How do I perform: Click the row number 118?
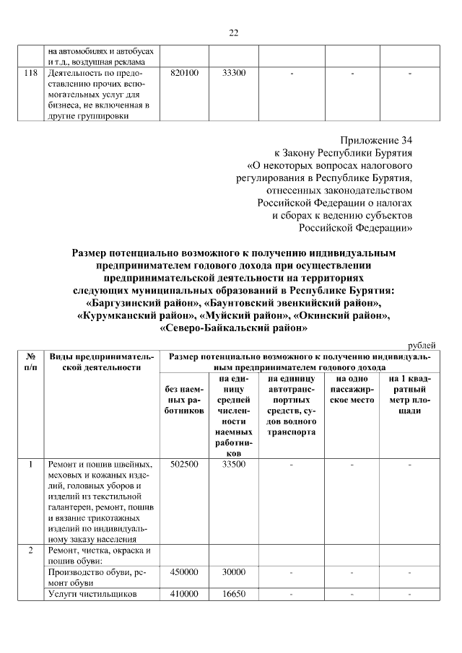coord(31,74)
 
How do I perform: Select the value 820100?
coord(184,74)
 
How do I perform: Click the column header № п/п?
coord(31,362)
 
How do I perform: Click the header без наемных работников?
coord(184,399)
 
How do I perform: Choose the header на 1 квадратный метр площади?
coord(409,394)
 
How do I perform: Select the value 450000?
coord(184,572)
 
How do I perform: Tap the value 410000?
coord(184,594)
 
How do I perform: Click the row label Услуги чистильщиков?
coord(92,594)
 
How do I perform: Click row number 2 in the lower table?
coord(31,551)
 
